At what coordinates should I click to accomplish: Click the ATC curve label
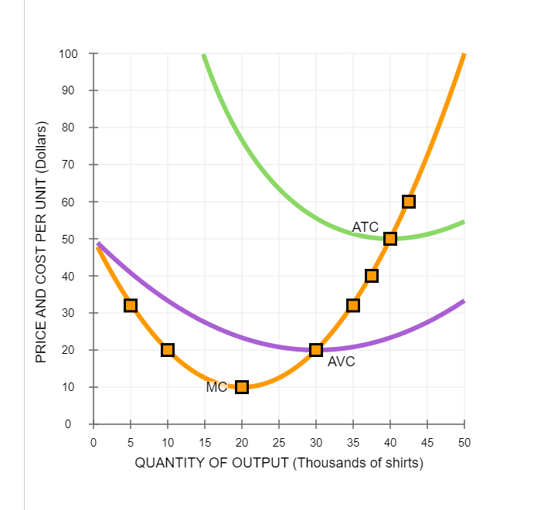click(366, 227)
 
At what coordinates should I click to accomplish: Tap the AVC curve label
click(341, 362)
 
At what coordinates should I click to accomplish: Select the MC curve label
click(216, 388)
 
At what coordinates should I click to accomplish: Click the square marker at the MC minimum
click(242, 386)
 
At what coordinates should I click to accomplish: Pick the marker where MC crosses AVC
click(316, 350)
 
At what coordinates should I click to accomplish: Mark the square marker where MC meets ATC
click(390, 239)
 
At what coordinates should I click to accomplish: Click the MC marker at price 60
click(409, 202)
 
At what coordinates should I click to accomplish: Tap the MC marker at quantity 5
click(131, 305)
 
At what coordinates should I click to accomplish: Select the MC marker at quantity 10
click(168, 350)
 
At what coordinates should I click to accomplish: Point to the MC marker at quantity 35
click(353, 305)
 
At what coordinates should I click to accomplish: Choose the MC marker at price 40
click(372, 276)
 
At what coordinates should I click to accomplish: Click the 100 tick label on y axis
click(68, 54)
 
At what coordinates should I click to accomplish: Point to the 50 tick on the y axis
click(71, 239)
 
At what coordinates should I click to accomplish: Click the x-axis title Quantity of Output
click(279, 463)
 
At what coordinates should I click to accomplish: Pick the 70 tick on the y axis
click(71, 165)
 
